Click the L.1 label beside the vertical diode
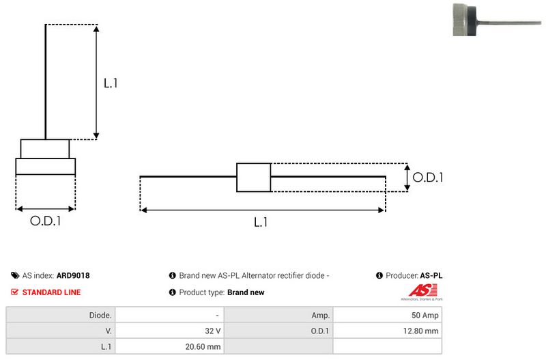111,83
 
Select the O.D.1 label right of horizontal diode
428,177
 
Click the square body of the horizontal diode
253,178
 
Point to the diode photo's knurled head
468,19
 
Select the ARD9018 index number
73,276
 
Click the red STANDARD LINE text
51,292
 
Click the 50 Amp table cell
387,315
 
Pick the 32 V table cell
169,331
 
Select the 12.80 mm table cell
387,331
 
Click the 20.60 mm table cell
169,348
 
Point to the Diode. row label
61,315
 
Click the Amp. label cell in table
278,315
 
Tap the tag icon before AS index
15,276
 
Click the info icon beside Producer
379,276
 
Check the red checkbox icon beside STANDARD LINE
15,292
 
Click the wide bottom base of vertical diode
45,167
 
